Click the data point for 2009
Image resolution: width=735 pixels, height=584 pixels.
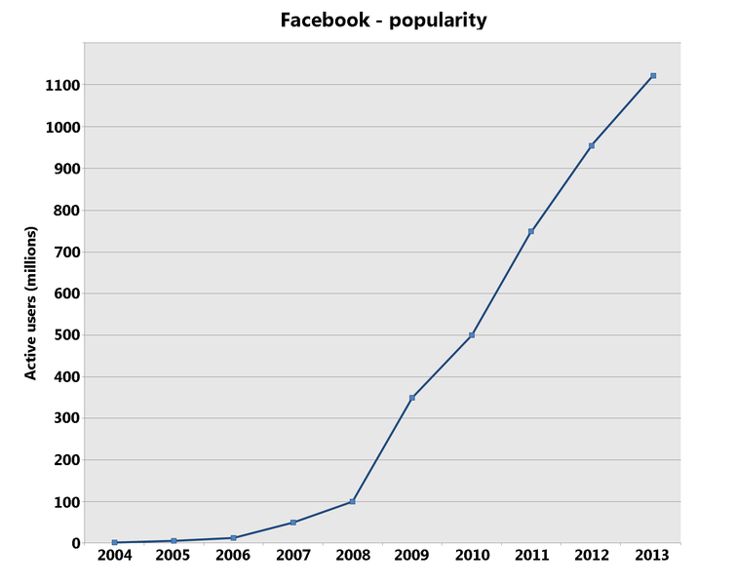pyautogui.click(x=412, y=398)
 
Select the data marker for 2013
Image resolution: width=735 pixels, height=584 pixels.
pyautogui.click(x=653, y=75)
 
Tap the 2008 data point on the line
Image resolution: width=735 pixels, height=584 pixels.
pyautogui.click(x=352, y=501)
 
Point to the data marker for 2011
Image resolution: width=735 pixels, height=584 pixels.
pyautogui.click(x=531, y=231)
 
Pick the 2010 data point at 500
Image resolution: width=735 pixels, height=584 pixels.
pyautogui.click(x=472, y=335)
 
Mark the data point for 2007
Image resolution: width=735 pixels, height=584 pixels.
pyautogui.click(x=292, y=523)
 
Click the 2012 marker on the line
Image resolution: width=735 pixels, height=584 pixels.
pyautogui.click(x=592, y=146)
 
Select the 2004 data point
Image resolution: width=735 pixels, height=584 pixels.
pyautogui.click(x=114, y=542)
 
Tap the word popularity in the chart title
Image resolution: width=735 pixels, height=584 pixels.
pyautogui.click(x=438, y=20)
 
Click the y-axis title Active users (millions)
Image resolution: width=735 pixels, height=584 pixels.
pyautogui.click(x=31, y=302)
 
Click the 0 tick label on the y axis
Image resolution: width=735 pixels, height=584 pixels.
pyautogui.click(x=74, y=543)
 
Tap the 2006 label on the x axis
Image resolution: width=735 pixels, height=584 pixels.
pyautogui.click(x=233, y=556)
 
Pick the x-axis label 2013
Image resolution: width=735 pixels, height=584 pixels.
pyautogui.click(x=652, y=556)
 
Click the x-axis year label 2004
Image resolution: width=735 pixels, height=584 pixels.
pyautogui.click(x=114, y=556)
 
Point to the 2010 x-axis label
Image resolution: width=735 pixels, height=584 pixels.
pyautogui.click(x=472, y=556)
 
